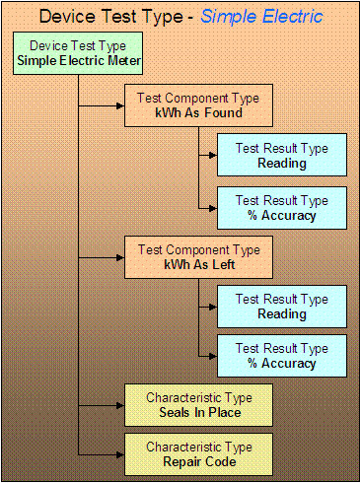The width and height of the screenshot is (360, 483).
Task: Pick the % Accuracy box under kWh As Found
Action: [x=281, y=208]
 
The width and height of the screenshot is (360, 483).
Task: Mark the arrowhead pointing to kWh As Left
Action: [x=118, y=256]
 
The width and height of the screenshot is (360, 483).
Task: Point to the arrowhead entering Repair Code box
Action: [x=118, y=452]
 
